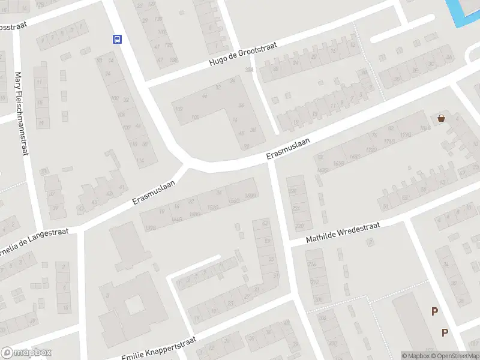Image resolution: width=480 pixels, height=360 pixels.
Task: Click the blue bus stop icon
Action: (x=116, y=40)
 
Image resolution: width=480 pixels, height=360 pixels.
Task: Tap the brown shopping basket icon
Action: (x=442, y=118)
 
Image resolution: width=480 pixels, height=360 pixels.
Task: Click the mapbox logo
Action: (x=26, y=352)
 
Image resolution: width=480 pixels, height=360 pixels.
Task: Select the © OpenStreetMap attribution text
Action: (x=458, y=356)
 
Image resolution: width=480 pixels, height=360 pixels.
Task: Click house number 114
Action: (x=140, y=161)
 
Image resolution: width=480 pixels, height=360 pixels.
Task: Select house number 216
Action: (x=311, y=264)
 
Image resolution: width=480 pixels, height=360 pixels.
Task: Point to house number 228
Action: (x=293, y=191)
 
